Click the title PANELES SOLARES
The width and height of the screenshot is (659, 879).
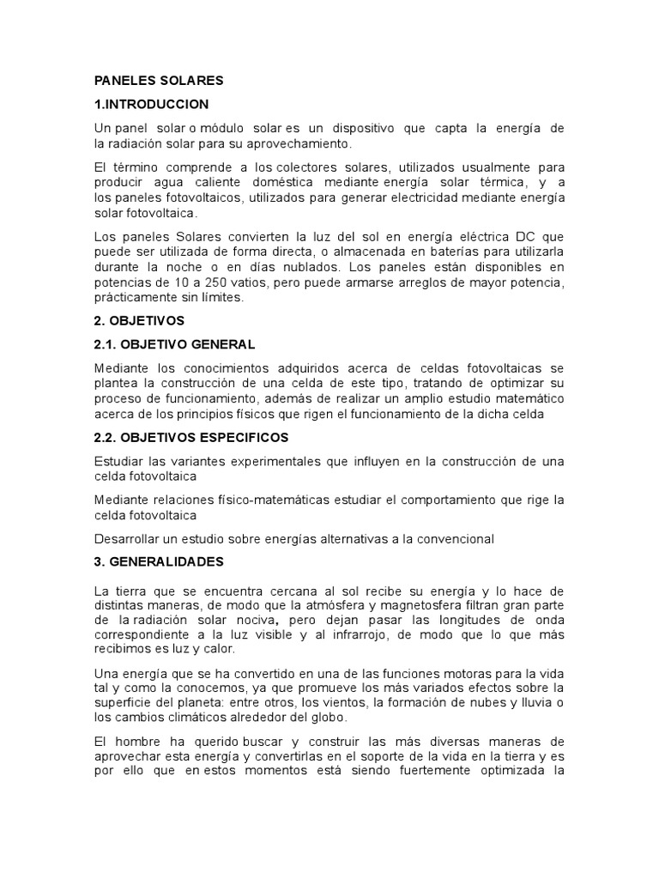158,81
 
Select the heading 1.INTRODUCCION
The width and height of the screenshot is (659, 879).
151,105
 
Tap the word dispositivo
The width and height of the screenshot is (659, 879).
360,129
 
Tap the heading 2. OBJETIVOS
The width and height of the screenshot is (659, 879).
139,320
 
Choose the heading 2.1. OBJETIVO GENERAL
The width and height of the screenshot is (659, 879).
174,344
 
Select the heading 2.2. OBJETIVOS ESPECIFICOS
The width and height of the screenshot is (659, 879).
190,438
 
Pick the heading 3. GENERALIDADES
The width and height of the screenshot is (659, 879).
159,562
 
